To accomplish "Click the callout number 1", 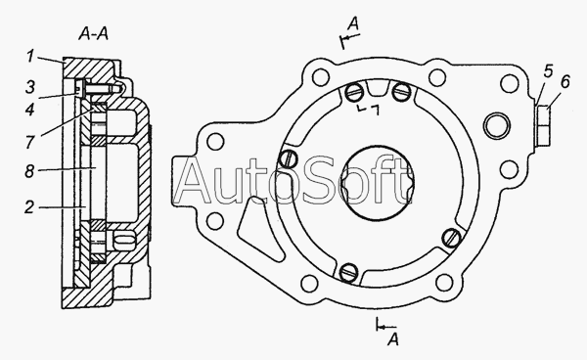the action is [x=30, y=57].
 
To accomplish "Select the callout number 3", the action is [x=30, y=87].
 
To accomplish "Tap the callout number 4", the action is [x=30, y=110].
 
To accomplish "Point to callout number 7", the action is [x=30, y=142].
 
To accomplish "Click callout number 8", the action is [x=29, y=171].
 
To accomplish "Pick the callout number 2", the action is [x=29, y=207].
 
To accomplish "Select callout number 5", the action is [x=548, y=71].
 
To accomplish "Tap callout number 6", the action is [x=564, y=82].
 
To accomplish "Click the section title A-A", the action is [x=94, y=34].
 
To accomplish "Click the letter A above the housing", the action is [x=353, y=23].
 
